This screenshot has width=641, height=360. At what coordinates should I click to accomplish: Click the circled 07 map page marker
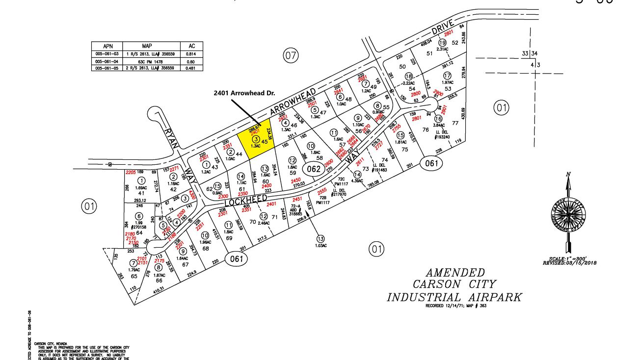[291, 56]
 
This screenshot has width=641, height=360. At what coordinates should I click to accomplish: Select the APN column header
[108, 46]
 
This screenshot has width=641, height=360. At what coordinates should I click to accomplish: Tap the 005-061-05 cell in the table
[108, 68]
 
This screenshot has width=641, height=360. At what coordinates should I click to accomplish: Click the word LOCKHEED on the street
[246, 200]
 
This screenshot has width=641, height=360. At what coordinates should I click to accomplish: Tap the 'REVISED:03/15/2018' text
[569, 263]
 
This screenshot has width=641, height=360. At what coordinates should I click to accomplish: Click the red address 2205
[130, 172]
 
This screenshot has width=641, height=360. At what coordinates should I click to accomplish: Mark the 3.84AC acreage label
[438, 125]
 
